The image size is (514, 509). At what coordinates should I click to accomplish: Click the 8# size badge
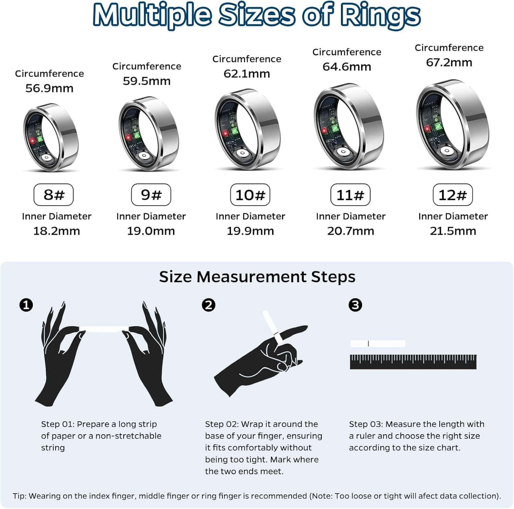coord(53,195)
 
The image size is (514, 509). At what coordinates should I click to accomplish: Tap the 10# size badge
coord(250,195)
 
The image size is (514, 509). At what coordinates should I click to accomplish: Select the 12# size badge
coord(453,195)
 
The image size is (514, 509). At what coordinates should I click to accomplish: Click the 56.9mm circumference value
coord(49,88)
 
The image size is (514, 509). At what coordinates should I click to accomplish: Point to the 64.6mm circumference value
coord(347,67)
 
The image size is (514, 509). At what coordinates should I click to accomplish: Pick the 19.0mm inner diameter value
coord(151,231)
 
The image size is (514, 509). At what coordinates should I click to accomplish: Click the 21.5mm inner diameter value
coord(453,231)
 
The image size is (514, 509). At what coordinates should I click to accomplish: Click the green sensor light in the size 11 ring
coord(334,129)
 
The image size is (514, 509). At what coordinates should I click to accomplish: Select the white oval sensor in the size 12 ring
coord(447,151)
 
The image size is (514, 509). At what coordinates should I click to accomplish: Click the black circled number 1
coord(26,305)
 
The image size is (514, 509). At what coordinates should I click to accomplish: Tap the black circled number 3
coord(355,305)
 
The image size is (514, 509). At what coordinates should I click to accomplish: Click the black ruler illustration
coord(413,362)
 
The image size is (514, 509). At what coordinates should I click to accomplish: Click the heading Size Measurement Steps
coord(257,277)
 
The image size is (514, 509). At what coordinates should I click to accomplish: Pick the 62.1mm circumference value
coord(247,74)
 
